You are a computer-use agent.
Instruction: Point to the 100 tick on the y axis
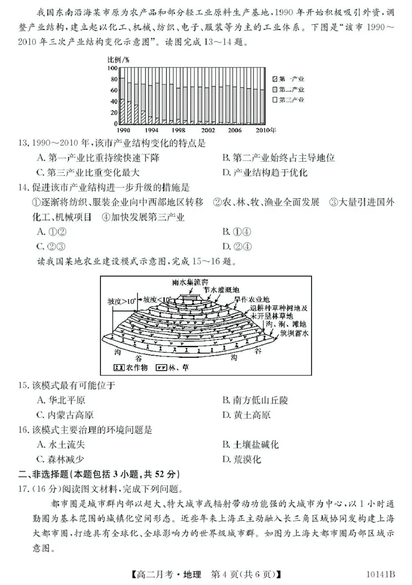[112, 67]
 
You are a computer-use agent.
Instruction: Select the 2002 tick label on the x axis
[208, 130]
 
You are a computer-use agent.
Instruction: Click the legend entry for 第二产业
[288, 89]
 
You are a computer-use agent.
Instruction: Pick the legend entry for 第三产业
[288, 99]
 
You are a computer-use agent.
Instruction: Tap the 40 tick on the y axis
[114, 101]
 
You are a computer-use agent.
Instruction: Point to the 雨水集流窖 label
[190, 282]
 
